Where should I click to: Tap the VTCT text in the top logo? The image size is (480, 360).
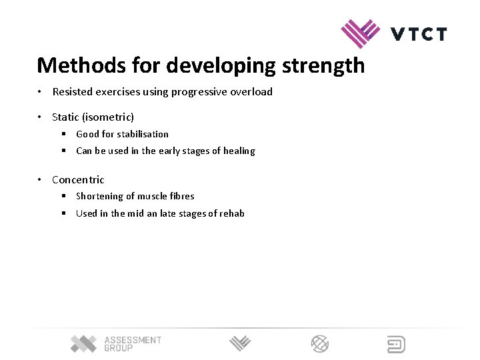tap(419, 34)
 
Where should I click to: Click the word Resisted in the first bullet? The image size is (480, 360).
tap(73, 92)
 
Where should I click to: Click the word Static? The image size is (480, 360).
tap(66, 117)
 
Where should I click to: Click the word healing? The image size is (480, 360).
tap(239, 151)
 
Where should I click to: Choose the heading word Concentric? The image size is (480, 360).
tap(78, 179)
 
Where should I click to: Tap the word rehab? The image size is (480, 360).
tap(231, 213)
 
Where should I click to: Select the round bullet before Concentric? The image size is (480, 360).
tap(40, 179)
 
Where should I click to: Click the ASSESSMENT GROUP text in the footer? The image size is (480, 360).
tap(133, 344)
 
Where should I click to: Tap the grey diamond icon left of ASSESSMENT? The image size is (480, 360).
tap(84, 343)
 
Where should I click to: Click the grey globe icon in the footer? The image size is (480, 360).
tap(320, 344)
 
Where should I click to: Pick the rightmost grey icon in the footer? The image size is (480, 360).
tap(397, 344)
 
